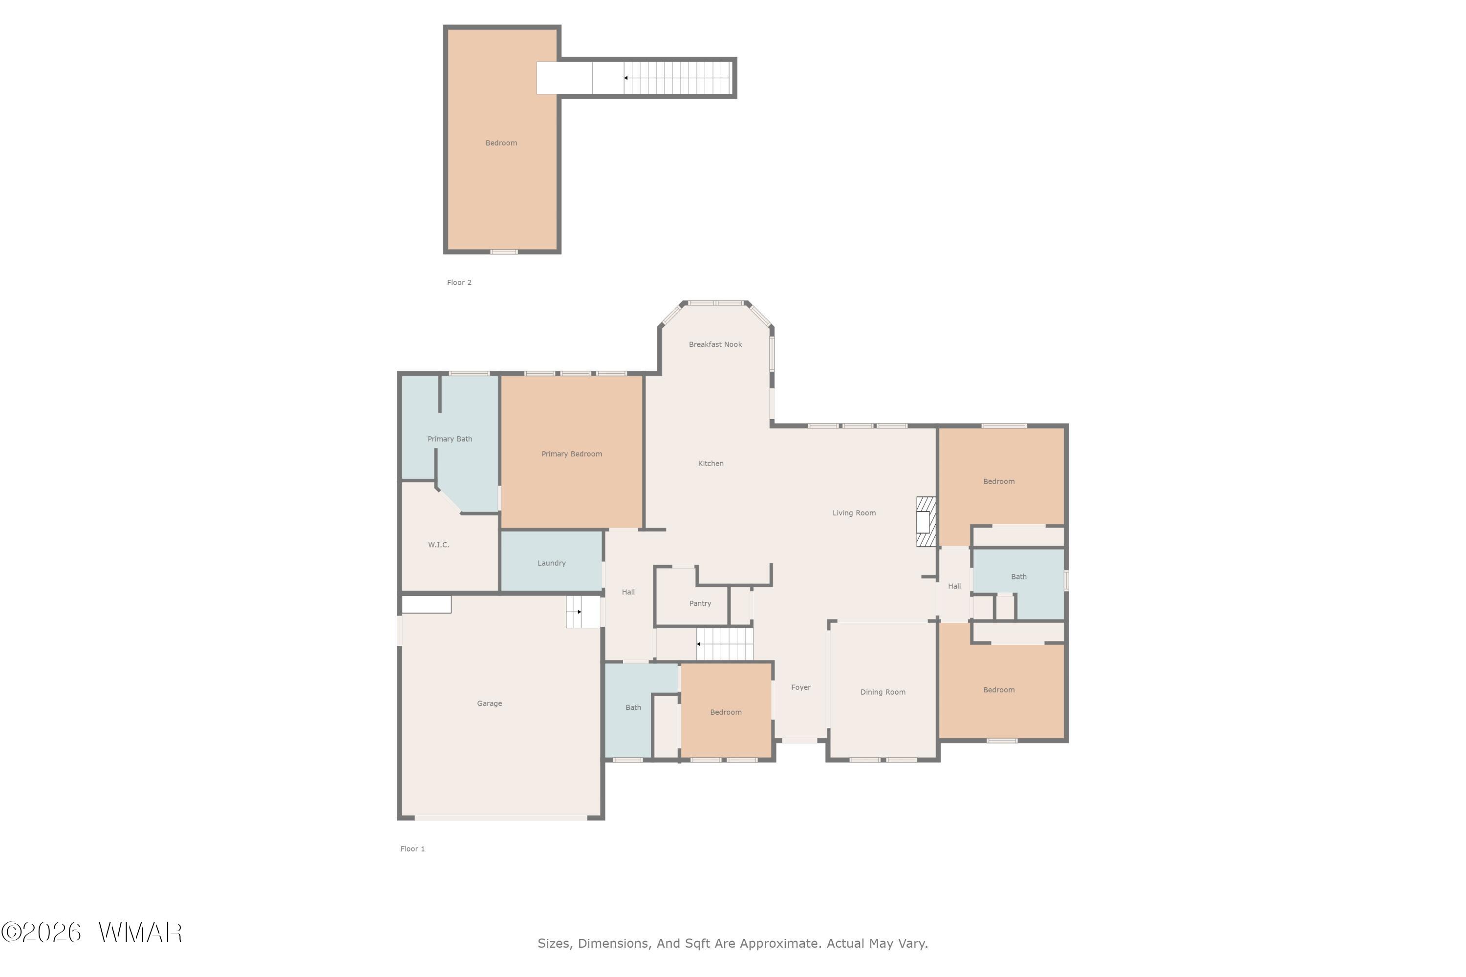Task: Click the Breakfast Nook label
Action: (x=715, y=344)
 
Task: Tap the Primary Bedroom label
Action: (x=572, y=454)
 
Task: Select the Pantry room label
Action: (x=700, y=604)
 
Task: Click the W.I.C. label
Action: (x=438, y=545)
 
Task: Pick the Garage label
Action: (x=489, y=703)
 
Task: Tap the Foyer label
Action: (x=801, y=687)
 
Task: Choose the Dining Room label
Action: (x=883, y=692)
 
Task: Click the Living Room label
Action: (x=854, y=513)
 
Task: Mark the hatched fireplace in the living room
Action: (x=926, y=522)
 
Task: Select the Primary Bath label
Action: (x=450, y=439)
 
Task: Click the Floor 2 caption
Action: (x=459, y=283)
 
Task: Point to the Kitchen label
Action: (x=711, y=464)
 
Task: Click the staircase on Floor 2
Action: (x=677, y=78)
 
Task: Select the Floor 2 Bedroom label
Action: (x=501, y=143)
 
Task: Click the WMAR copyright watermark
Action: (x=92, y=933)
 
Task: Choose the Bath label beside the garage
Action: (x=633, y=708)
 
